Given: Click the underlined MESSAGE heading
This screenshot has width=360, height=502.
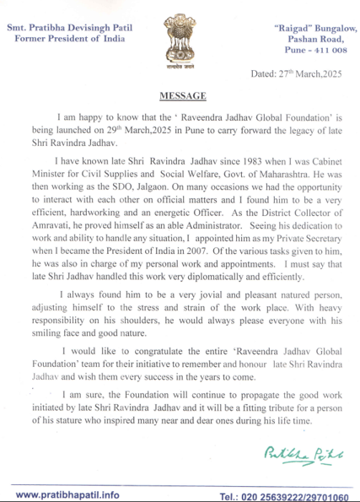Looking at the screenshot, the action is click(x=180, y=95).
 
